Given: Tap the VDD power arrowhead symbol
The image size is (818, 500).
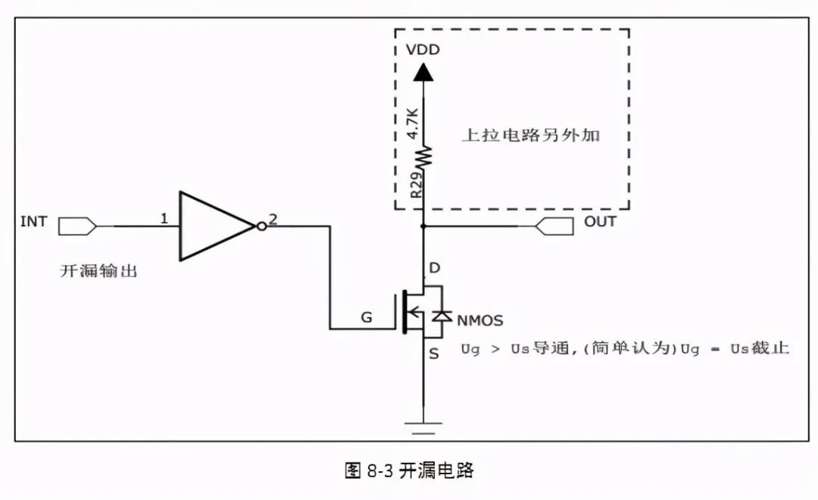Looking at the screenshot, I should click(423, 72).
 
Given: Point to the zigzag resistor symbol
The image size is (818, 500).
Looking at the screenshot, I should click(423, 157).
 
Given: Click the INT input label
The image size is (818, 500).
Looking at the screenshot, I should click(34, 222).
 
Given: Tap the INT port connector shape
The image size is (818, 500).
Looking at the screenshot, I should click(77, 225).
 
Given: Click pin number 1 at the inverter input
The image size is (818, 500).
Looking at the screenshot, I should click(164, 219).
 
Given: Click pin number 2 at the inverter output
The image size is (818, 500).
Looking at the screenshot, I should click(273, 219).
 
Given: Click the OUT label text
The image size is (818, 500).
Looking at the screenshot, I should click(600, 222).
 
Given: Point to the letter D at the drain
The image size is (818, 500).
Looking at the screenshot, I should click(434, 267).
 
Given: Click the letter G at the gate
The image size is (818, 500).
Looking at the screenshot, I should click(367, 318).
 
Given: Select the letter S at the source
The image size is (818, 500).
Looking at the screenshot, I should click(434, 354).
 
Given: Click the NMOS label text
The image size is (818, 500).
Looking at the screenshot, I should click(479, 320).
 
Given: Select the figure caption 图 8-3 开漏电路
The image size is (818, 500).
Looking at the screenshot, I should click(409, 470).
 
